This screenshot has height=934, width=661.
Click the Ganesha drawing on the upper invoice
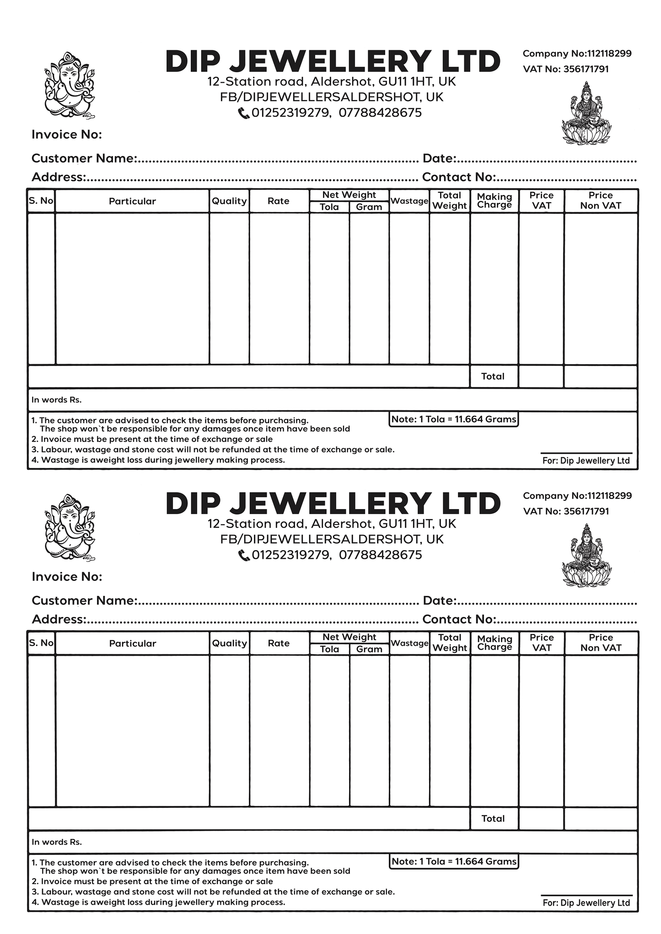[69, 85]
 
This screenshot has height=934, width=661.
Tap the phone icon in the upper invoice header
[244, 113]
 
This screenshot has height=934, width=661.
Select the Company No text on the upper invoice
[577, 53]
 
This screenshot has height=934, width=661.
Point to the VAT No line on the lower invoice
[566, 511]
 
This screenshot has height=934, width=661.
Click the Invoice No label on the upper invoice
[67, 135]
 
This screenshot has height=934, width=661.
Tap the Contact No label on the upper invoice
[459, 177]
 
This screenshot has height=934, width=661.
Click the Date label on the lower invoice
[440, 600]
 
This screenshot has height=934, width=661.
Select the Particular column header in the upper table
[132, 201]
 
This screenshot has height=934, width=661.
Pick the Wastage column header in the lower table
[409, 643]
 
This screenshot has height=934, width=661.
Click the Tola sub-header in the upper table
[329, 207]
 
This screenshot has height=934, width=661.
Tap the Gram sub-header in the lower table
[369, 649]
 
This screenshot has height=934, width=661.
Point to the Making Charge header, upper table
[494, 201]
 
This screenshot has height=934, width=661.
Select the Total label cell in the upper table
[493, 377]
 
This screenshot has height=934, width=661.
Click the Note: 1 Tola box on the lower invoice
[454, 861]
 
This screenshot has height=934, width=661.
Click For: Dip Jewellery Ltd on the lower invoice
[586, 902]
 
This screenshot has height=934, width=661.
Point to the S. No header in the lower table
[41, 643]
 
